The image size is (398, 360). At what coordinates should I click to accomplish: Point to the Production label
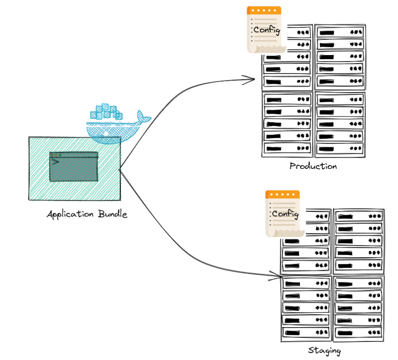(313, 166)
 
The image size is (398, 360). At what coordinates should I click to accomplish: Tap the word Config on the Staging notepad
(285, 214)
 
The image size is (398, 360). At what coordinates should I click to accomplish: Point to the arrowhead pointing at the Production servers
(252, 80)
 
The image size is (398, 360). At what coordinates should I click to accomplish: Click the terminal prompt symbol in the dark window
(55, 161)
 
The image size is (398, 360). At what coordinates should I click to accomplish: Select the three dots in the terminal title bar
(56, 155)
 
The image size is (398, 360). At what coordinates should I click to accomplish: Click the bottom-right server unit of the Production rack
(340, 149)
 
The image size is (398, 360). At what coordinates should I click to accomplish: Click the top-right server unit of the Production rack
(340, 32)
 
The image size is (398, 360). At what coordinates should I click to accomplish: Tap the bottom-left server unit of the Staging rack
(305, 332)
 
